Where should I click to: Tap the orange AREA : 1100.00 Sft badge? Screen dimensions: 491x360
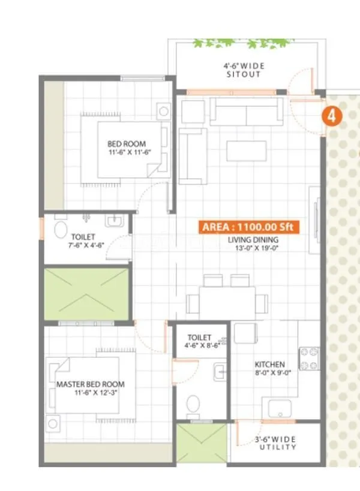(249, 227)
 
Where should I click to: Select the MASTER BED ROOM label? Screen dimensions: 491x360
(91, 384)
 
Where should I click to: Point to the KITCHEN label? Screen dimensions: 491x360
(269, 365)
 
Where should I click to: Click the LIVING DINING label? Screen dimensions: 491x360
(253, 240)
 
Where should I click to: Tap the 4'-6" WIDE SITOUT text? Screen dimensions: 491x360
(244, 70)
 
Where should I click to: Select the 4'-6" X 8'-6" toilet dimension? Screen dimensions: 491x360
(200, 345)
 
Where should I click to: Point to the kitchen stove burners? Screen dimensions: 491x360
(308, 359)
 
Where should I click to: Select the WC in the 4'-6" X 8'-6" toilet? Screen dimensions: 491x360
(193, 405)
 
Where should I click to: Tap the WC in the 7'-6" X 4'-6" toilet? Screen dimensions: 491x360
(60, 230)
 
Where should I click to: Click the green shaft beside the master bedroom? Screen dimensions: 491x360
(86, 294)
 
